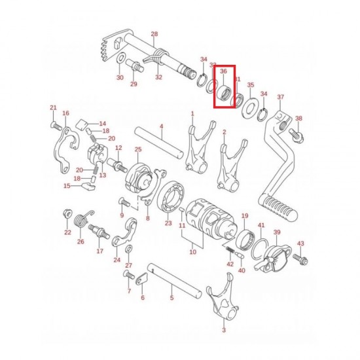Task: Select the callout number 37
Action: tap(281, 98)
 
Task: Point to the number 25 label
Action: tap(138, 150)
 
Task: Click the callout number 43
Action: tap(300, 243)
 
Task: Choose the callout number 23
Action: tap(168, 223)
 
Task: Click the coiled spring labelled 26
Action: tap(83, 221)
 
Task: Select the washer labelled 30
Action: tap(121, 62)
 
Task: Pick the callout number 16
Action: tap(65, 113)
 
